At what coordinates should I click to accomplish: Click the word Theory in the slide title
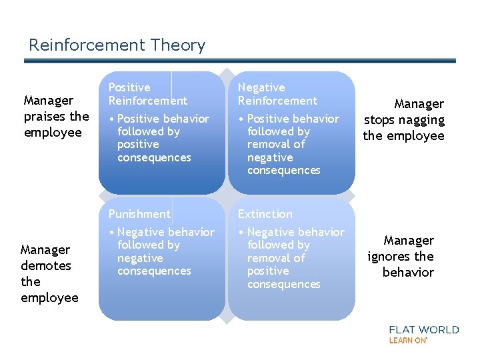(178, 46)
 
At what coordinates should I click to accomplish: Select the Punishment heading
(139, 214)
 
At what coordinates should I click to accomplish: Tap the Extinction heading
(265, 214)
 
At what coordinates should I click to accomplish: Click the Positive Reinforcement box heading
(147, 94)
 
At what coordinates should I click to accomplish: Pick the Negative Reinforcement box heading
(277, 94)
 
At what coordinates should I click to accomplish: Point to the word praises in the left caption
(47, 117)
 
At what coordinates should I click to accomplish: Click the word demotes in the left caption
(46, 266)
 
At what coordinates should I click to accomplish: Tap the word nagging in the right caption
(423, 120)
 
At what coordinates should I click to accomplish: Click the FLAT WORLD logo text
(424, 329)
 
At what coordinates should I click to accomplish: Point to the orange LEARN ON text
(408, 340)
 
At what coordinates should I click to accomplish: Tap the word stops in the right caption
(379, 120)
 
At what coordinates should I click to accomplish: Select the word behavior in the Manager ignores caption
(408, 273)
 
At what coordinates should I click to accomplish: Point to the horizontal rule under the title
(240, 61)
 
